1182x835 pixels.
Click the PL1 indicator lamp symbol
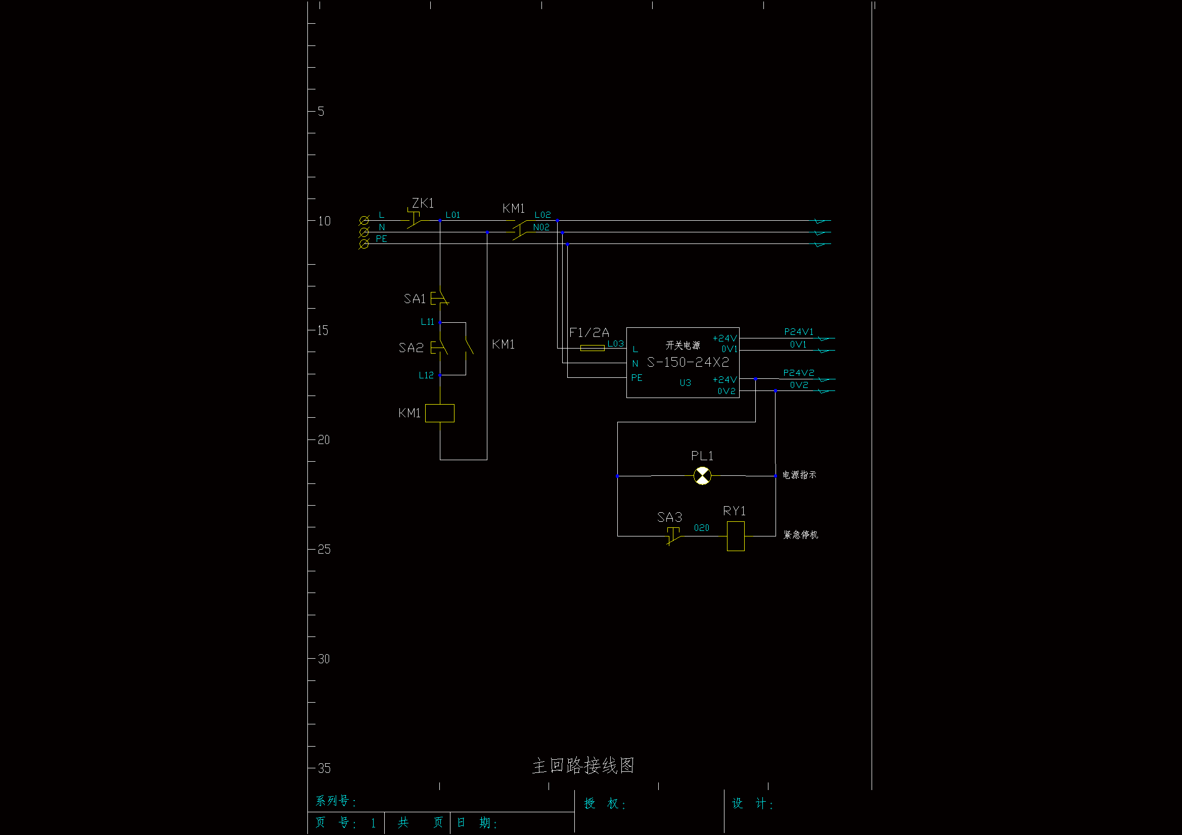pos(702,476)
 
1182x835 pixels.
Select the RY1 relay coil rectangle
pos(736,536)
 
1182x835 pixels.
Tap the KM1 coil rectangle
pos(440,413)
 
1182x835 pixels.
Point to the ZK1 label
pos(423,203)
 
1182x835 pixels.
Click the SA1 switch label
pos(415,299)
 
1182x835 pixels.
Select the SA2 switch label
pos(411,348)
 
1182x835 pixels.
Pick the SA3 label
pos(669,517)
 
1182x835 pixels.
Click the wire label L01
pos(452,215)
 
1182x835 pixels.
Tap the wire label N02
pos(541,227)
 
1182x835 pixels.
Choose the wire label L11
pos(427,322)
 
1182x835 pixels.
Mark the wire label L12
pos(426,375)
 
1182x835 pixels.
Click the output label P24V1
pos(798,332)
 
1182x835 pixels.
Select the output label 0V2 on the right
pos(799,385)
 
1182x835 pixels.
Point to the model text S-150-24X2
pos(688,362)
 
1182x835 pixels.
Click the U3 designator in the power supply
pos(685,383)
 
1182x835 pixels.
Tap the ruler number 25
pos(324,550)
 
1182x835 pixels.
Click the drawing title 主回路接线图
pos(583,766)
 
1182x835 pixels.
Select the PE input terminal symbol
pos(364,244)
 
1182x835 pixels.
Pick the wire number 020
pos(701,528)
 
